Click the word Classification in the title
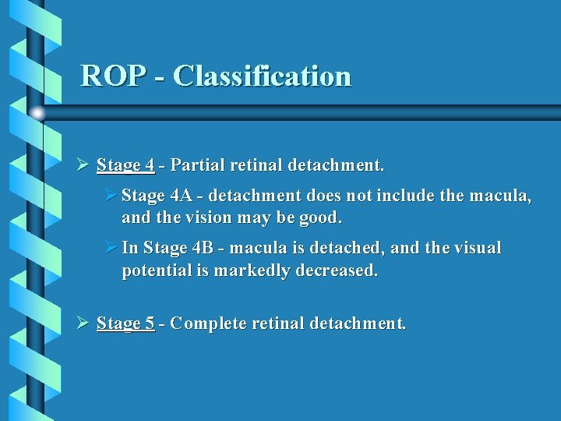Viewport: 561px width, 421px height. (x=262, y=76)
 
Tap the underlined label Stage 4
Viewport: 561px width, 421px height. (x=125, y=165)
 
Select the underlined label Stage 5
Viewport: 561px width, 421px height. (x=125, y=323)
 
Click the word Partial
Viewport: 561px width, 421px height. (x=194, y=165)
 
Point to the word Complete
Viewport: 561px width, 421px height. (x=205, y=323)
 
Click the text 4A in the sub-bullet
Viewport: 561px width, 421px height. (x=173, y=196)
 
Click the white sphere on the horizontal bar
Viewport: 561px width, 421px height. (x=37, y=113)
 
